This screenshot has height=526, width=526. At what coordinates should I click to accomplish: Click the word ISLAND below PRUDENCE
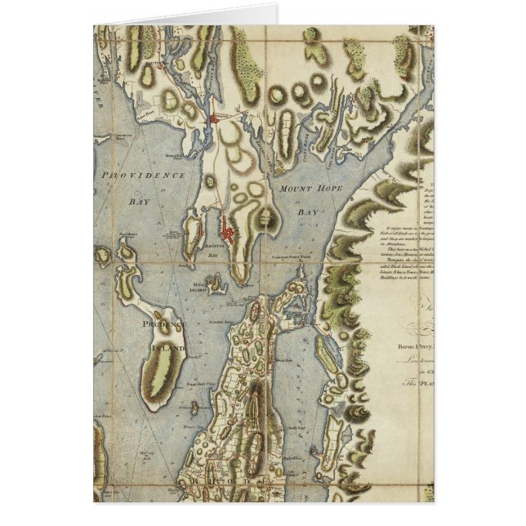pos(167,348)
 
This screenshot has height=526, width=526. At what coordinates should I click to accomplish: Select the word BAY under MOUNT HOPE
pos(306,212)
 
